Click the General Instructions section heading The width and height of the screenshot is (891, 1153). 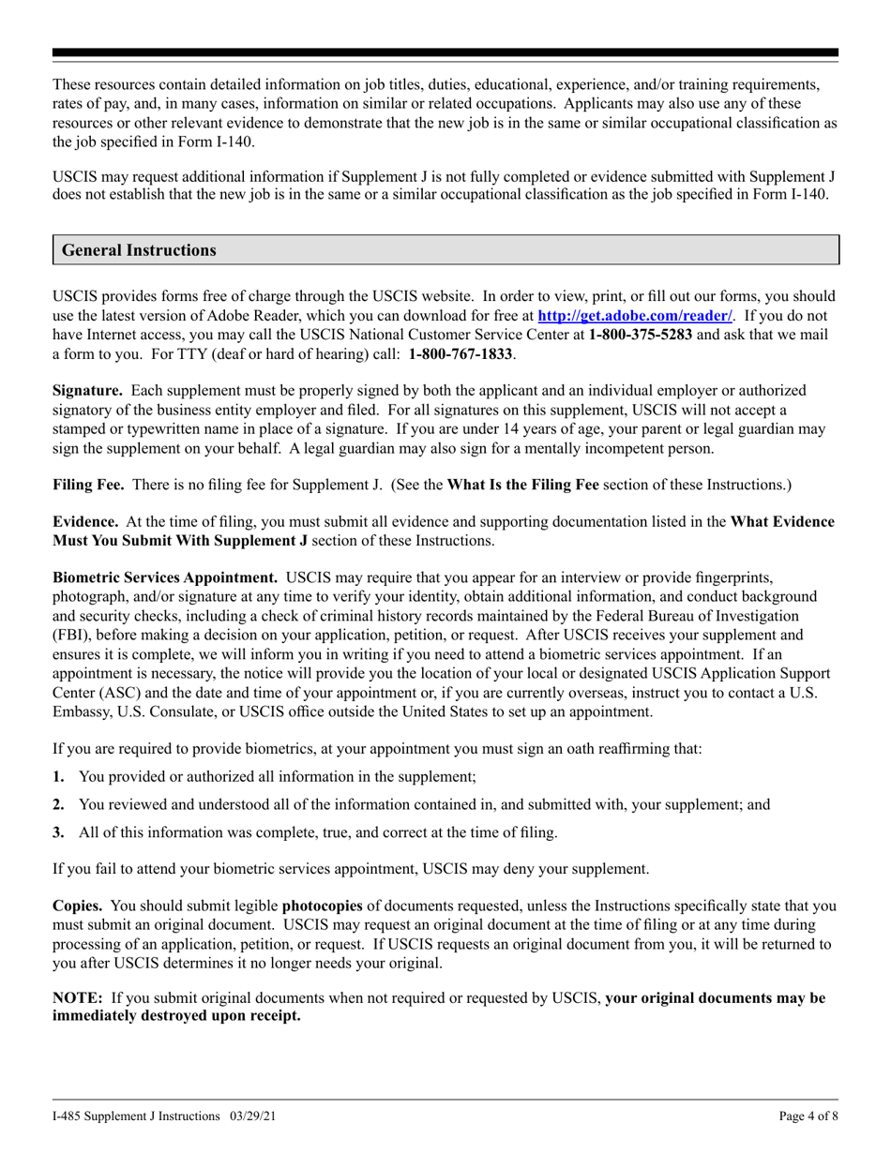click(139, 250)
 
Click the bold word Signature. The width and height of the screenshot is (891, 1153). click(86, 390)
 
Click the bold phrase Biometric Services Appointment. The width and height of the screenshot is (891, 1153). click(164, 577)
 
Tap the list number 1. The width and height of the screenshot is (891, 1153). click(58, 777)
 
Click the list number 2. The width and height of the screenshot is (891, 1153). click(58, 804)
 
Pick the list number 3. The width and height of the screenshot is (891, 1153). click(58, 832)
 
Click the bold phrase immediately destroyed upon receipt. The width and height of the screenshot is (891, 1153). click(176, 1016)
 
